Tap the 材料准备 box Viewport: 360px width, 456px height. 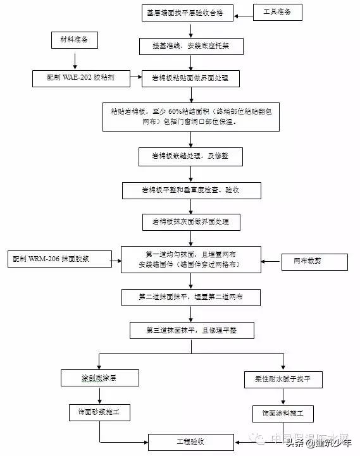click(x=74, y=41)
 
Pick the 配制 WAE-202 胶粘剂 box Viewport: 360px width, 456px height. click(x=81, y=78)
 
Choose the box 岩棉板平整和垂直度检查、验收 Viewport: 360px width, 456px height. click(x=190, y=189)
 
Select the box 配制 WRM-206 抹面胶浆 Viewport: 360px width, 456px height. click(x=59, y=260)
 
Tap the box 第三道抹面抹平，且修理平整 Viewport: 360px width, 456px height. click(x=190, y=330)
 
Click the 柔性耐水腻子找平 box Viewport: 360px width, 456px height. click(x=283, y=380)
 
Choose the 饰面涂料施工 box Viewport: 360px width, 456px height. click(x=283, y=414)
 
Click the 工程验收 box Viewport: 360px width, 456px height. click(x=185, y=441)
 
